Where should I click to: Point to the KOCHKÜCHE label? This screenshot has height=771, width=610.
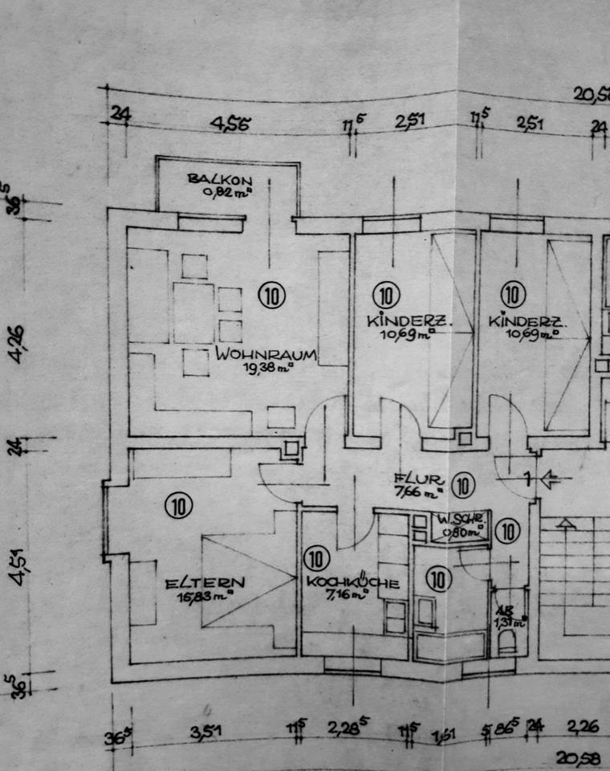[x=352, y=584]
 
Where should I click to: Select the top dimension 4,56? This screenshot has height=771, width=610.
[x=231, y=124]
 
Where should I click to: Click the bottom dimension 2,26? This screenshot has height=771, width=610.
[x=583, y=728]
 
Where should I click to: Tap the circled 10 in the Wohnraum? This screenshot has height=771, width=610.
[x=272, y=296]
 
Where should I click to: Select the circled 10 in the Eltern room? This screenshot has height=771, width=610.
[x=179, y=505]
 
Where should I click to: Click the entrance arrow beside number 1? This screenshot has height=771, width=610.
[x=551, y=480]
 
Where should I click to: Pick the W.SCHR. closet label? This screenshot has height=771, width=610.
[x=458, y=520]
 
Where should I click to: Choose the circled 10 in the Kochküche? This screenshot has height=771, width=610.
[x=318, y=557]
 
